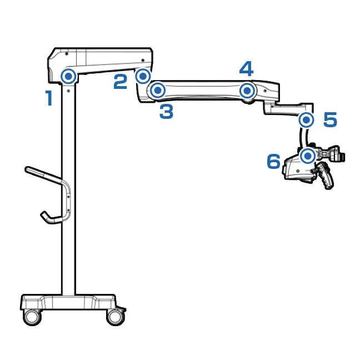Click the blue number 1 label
(49, 98)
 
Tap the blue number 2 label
(121, 82)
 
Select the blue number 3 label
(166, 112)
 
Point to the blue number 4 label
(246, 69)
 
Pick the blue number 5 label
(330, 119)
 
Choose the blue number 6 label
(274, 161)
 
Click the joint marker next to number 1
(68, 76)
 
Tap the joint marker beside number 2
(143, 76)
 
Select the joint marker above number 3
(158, 90)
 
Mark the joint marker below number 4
(247, 91)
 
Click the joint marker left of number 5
(306, 120)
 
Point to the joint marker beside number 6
(308, 156)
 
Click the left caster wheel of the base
(32, 317)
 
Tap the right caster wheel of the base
(116, 317)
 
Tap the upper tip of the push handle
(27, 169)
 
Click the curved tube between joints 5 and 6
(303, 138)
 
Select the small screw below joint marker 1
(68, 91)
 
